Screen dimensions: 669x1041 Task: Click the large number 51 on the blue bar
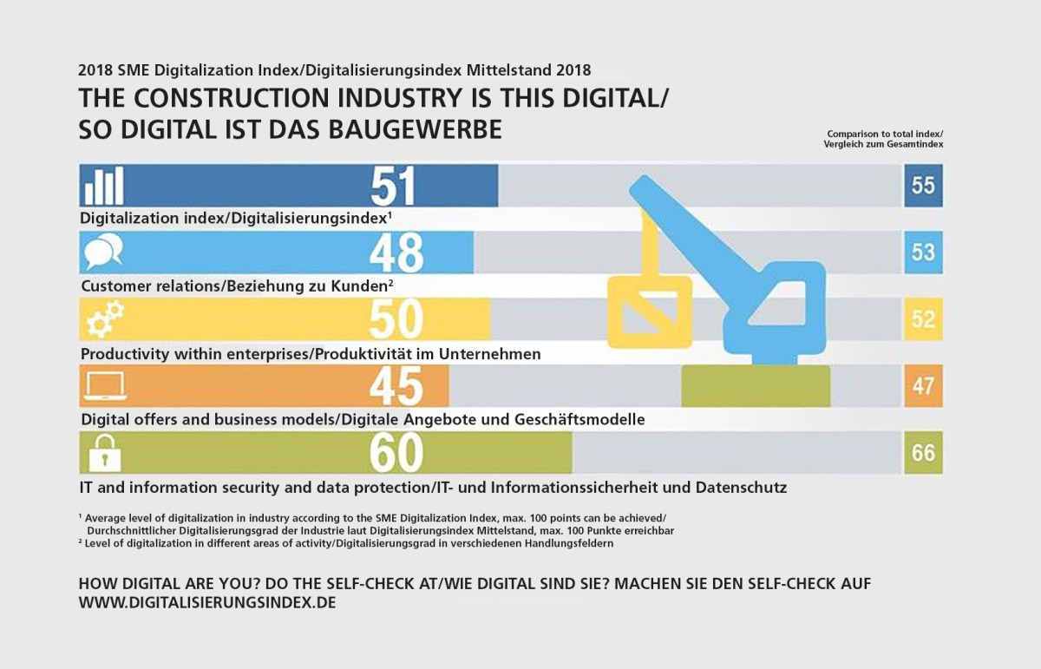coord(393,186)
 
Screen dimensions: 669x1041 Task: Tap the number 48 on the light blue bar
coord(396,253)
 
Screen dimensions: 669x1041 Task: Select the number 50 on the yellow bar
coord(396,319)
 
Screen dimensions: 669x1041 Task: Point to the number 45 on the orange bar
coord(396,386)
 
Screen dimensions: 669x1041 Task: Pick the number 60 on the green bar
coord(396,453)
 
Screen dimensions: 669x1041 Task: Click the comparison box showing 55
coord(923,186)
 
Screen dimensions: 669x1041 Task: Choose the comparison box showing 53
coord(923,253)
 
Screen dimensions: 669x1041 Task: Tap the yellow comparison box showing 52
coord(923,319)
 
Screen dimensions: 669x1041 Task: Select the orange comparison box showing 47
coord(923,386)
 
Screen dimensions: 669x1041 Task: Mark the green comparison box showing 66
coord(923,453)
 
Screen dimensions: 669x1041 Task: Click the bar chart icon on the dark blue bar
coord(104,186)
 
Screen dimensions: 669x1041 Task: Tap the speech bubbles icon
coord(104,253)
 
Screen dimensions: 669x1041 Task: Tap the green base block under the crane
coord(756,386)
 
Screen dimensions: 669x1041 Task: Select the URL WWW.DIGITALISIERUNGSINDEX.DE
coord(207,602)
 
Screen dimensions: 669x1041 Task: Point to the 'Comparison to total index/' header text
coord(884,134)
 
